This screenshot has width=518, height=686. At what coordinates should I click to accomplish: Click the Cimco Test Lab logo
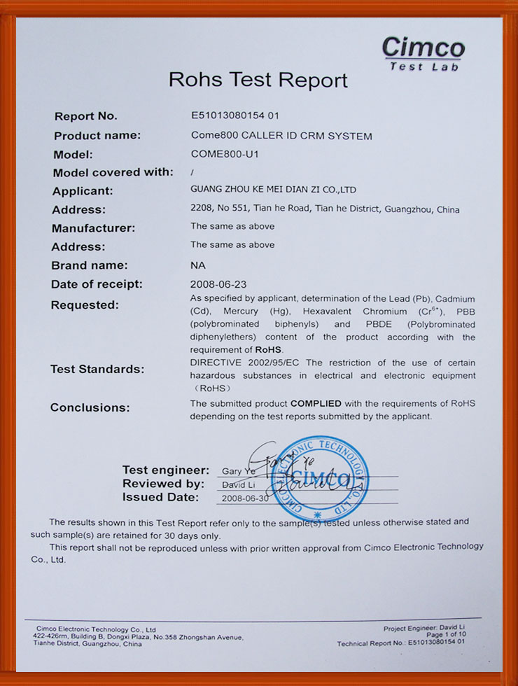tap(423, 53)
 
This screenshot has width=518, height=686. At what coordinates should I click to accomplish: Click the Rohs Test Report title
tap(258, 80)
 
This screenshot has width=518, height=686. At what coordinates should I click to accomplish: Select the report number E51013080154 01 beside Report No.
tap(234, 115)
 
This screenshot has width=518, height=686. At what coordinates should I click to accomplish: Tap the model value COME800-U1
tap(224, 154)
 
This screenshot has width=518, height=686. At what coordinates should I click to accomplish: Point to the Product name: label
tap(97, 135)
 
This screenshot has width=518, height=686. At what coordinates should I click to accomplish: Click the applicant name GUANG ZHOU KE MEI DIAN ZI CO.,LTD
tap(273, 189)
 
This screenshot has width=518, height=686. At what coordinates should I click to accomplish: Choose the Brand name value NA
tap(198, 265)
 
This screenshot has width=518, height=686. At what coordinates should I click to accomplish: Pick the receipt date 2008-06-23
tap(219, 284)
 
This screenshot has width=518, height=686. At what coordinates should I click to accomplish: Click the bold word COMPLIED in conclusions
tap(316, 403)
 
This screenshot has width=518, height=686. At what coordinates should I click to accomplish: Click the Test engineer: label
tap(165, 470)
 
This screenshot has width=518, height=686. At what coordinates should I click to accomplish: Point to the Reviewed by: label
tap(163, 484)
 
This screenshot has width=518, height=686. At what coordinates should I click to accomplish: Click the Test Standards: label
tap(97, 369)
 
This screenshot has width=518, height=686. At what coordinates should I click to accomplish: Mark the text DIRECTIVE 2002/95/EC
tap(246, 363)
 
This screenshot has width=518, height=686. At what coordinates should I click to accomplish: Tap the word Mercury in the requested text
tap(241, 311)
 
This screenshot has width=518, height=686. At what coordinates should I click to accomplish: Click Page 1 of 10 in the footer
tap(445, 635)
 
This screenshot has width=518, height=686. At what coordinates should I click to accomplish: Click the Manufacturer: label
tap(94, 227)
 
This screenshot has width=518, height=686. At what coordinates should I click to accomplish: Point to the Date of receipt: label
tap(97, 284)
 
